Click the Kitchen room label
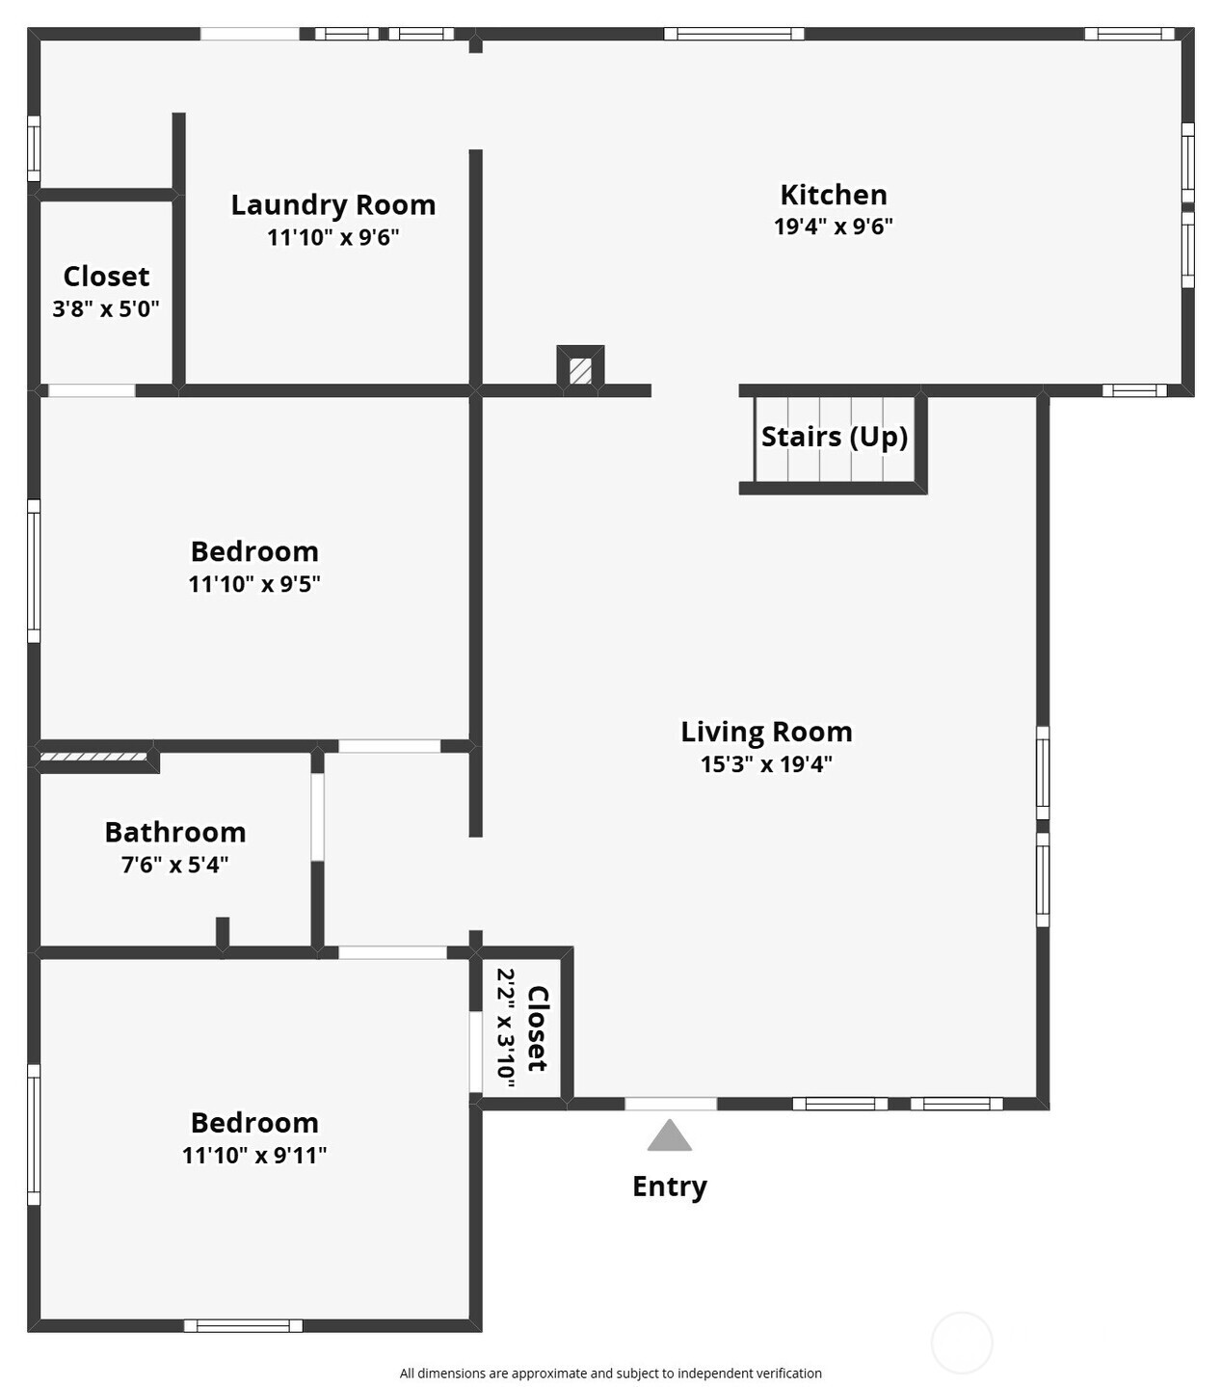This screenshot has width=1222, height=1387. pyautogui.click(x=834, y=195)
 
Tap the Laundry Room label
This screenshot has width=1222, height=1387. pyautogui.click(x=333, y=205)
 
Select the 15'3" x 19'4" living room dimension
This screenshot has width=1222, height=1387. pyautogui.click(x=766, y=764)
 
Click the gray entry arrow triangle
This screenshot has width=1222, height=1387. pyautogui.click(x=670, y=1135)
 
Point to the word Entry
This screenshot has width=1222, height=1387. pyautogui.click(x=670, y=1187)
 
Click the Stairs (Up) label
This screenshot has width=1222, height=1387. pyautogui.click(x=835, y=437)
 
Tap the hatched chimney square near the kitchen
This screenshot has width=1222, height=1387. pyautogui.click(x=580, y=371)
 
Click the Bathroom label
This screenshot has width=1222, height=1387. pyautogui.click(x=175, y=833)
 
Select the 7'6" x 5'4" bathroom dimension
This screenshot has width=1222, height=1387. pyautogui.click(x=175, y=865)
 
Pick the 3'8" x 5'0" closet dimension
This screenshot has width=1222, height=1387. pyautogui.click(x=106, y=308)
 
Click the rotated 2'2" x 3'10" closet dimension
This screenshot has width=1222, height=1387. pyautogui.click(x=506, y=1028)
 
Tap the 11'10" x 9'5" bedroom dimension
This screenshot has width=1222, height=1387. pyautogui.click(x=254, y=584)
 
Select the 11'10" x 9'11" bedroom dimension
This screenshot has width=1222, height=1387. pyautogui.click(x=254, y=1156)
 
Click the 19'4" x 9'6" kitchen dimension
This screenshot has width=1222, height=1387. pyautogui.click(x=834, y=227)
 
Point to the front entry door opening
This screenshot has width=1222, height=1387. pyautogui.click(x=671, y=1104)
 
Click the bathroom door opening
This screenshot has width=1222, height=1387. pyautogui.click(x=318, y=816)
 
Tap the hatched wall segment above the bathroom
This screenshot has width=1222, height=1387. pyautogui.click(x=93, y=757)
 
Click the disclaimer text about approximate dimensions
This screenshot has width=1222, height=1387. pyautogui.click(x=611, y=1374)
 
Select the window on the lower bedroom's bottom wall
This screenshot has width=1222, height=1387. pyautogui.click(x=243, y=1326)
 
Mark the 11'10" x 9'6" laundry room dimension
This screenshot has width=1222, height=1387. pyautogui.click(x=333, y=237)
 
